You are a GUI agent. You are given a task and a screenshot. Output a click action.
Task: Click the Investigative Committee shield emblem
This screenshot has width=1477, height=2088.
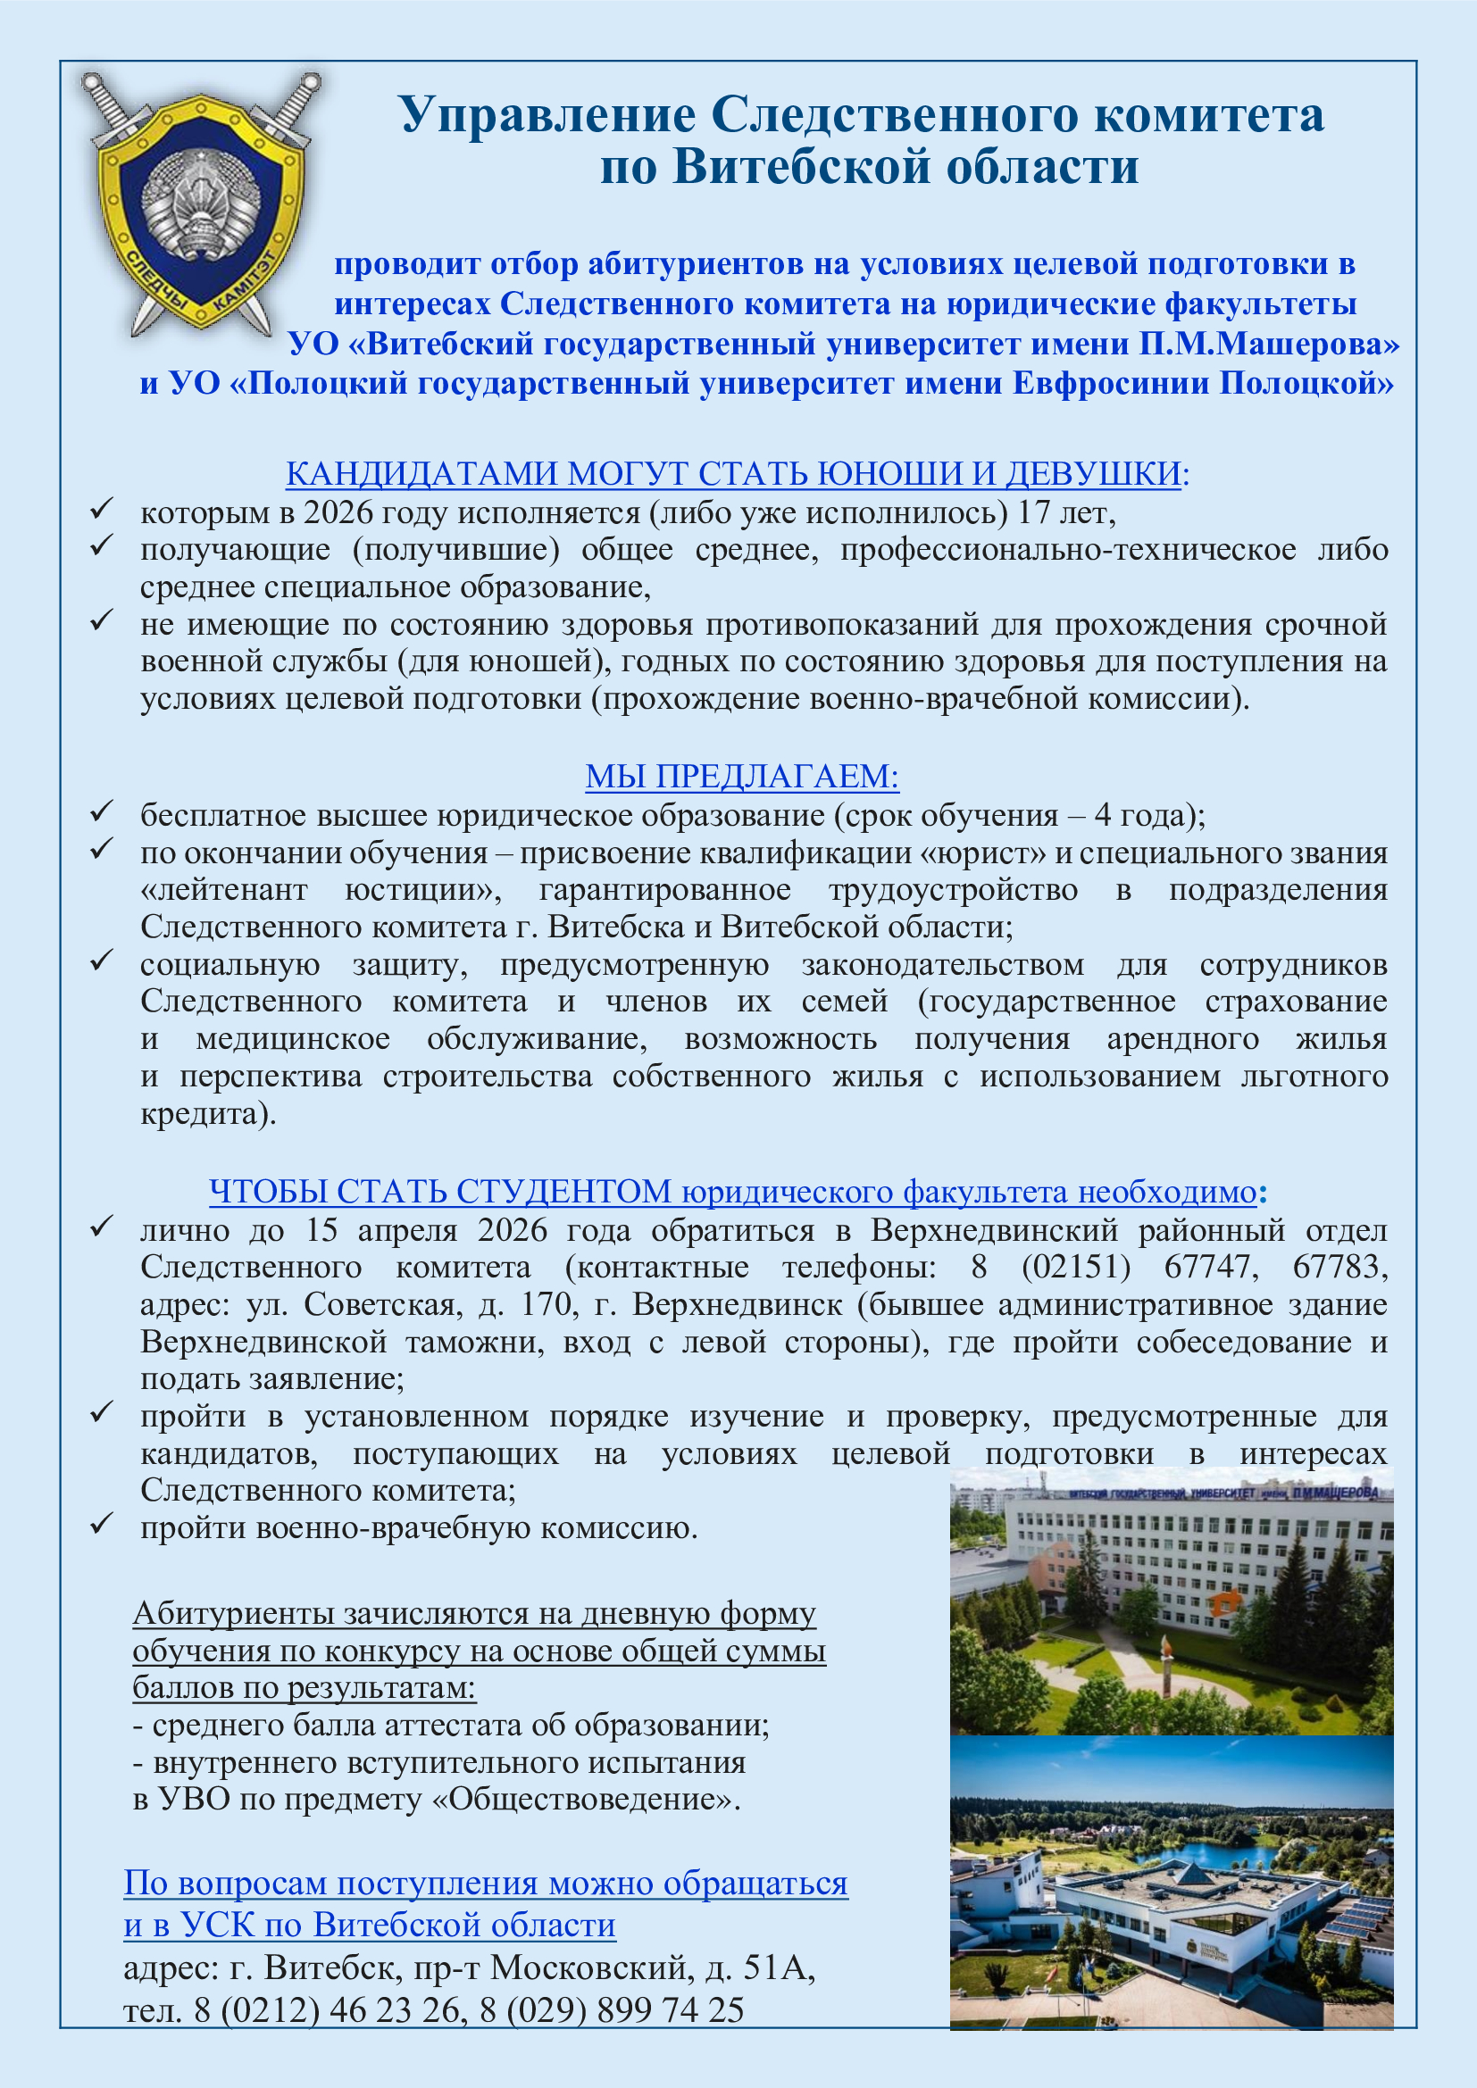click(x=201, y=205)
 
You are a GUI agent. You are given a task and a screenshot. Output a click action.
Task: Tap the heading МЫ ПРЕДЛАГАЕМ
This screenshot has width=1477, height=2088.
click(x=741, y=776)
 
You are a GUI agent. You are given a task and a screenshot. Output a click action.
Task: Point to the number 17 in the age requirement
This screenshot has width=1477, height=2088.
click(x=1033, y=513)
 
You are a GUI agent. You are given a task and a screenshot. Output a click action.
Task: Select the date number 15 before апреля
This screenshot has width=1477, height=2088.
click(x=322, y=1230)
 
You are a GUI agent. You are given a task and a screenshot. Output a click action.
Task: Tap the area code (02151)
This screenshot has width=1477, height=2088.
click(x=1076, y=1267)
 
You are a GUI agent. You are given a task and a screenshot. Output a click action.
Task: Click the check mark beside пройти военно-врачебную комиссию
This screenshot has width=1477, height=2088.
click(x=101, y=1523)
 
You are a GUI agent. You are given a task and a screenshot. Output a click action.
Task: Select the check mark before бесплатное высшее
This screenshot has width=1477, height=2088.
click(x=101, y=811)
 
